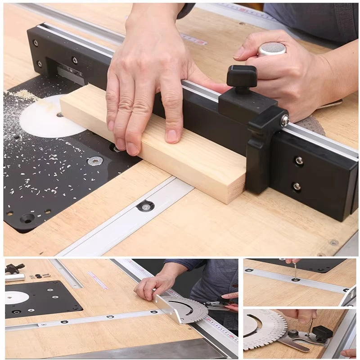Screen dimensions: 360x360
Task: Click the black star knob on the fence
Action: (241, 76)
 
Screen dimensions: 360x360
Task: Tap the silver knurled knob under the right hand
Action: (272, 49)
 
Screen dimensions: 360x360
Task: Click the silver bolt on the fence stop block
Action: (284, 120)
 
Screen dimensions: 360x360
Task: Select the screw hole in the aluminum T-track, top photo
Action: (145, 207)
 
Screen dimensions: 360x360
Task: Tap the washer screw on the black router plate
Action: (94, 161)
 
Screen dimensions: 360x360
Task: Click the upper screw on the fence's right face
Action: (299, 160)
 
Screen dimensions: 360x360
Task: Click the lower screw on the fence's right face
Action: (297, 186)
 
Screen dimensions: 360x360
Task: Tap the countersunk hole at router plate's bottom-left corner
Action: (27, 218)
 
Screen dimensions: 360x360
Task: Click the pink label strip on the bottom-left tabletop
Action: (99, 280)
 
